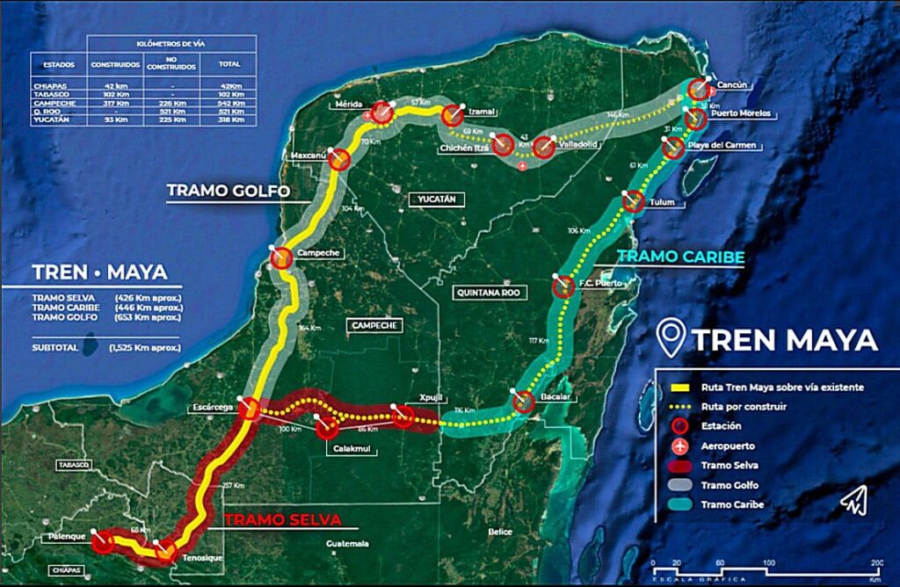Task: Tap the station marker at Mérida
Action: coord(381,112)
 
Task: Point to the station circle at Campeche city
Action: coord(282,258)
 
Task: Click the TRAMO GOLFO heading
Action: coord(229,191)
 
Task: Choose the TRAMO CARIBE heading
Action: coord(680,257)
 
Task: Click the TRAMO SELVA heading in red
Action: coord(281,519)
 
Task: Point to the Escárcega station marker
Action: coord(250,409)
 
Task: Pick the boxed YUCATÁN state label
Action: coord(435,199)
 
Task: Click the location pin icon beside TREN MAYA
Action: coord(672,339)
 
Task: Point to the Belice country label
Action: coord(500,533)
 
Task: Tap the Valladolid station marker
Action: coord(543,147)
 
